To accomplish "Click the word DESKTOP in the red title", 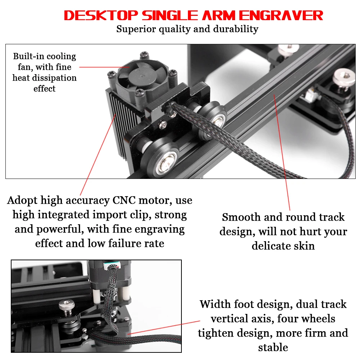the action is (x=101, y=15).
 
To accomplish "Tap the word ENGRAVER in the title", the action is (x=281, y=15).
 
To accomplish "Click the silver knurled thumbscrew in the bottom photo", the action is (x=67, y=306).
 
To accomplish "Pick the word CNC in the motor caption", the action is (x=124, y=200).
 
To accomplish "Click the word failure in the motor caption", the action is (x=125, y=243).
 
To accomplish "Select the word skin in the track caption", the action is (x=304, y=246).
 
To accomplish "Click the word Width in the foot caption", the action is (x=215, y=304).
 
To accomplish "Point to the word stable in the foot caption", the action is (x=273, y=347).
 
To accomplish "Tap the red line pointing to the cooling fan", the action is (x=104, y=67).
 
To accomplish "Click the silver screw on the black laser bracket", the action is (x=163, y=125).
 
